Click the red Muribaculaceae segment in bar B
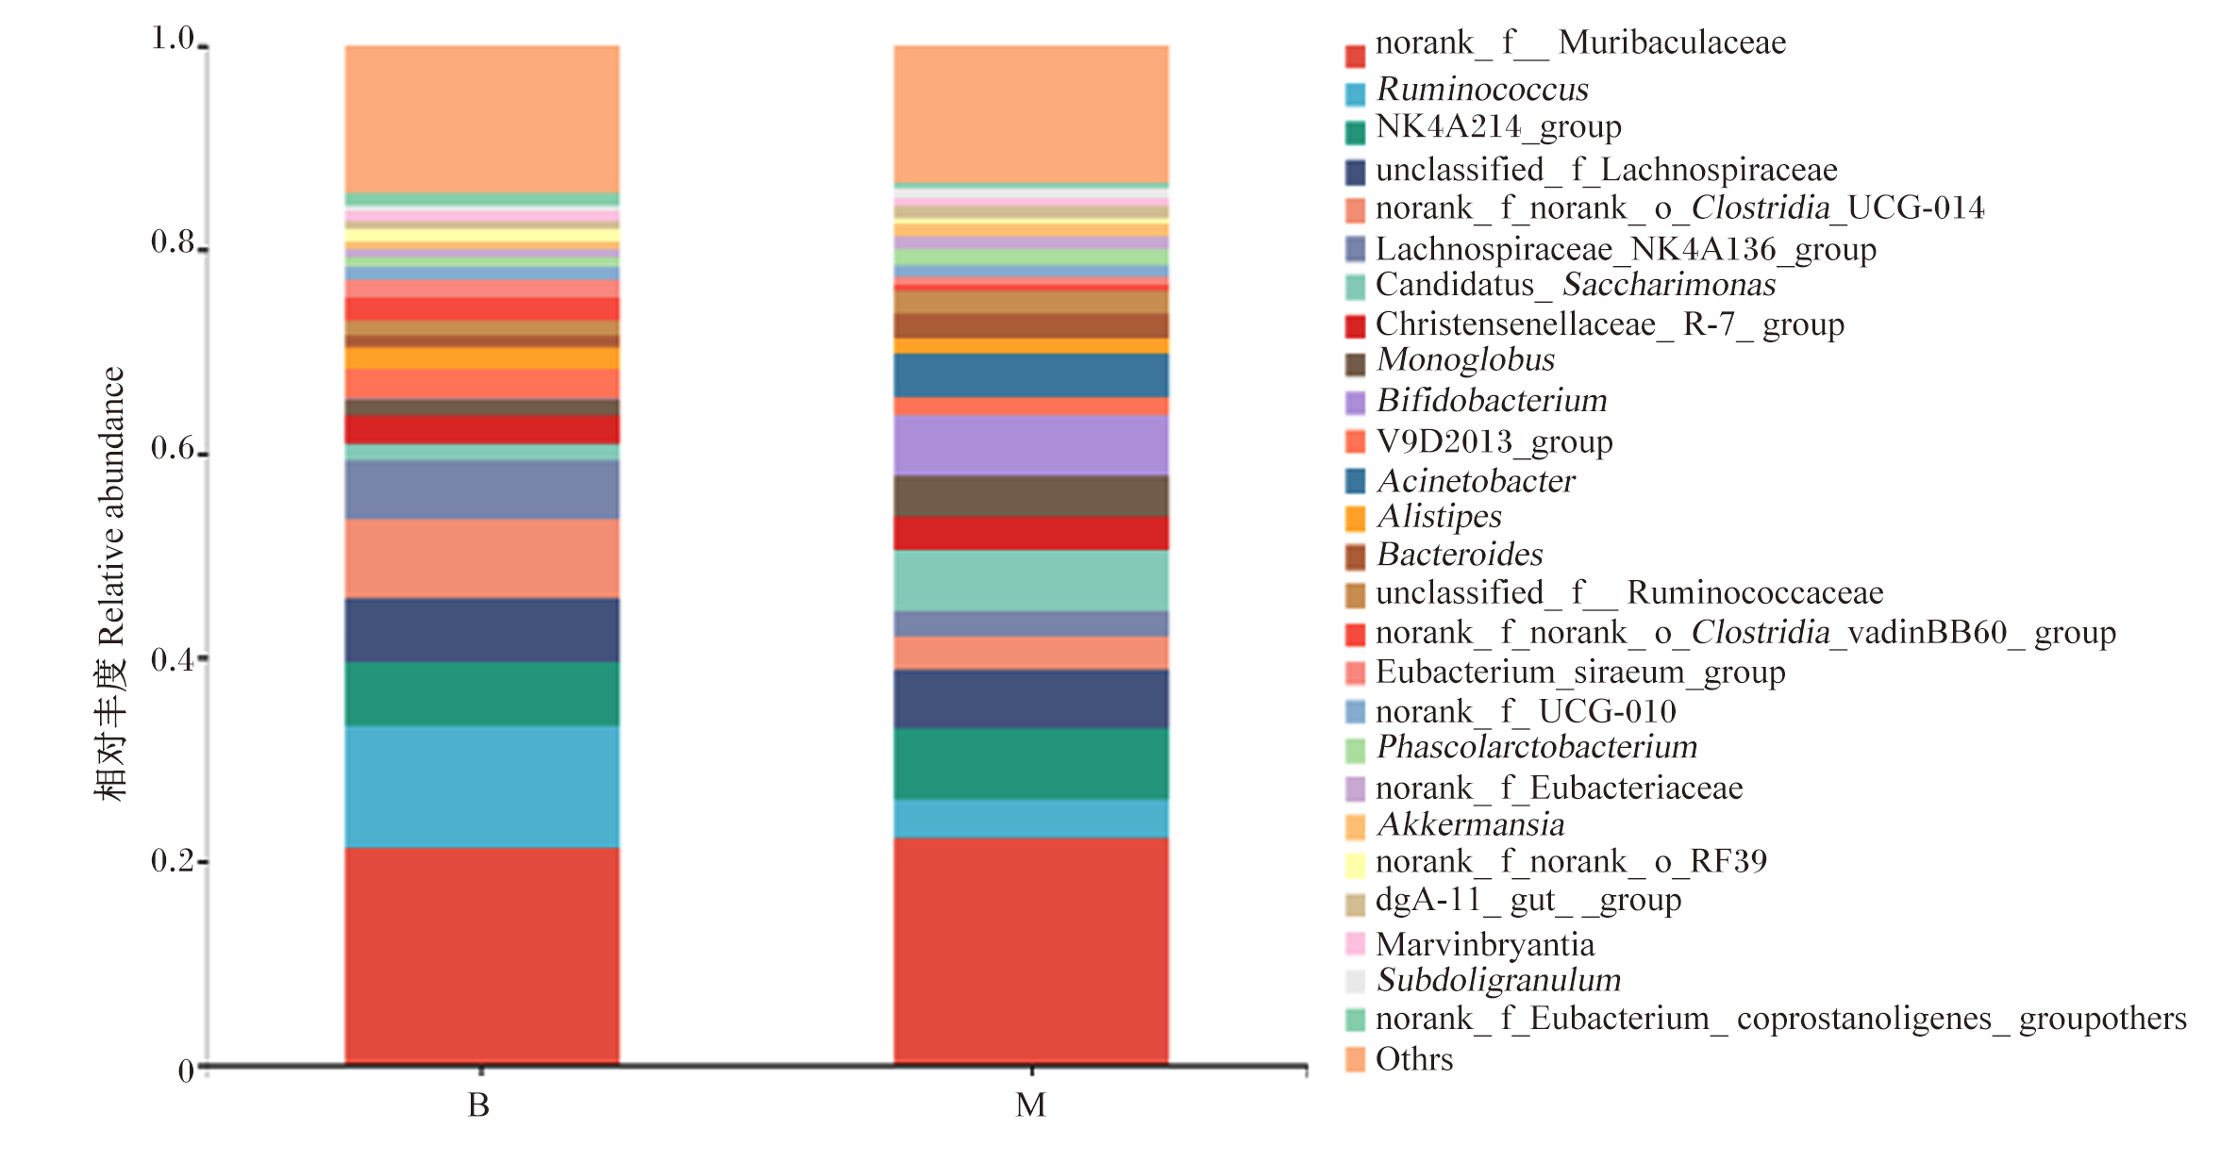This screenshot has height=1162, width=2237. pos(482,955)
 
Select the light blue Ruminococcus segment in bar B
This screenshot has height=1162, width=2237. pos(482,787)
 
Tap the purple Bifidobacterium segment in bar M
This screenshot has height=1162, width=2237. pos(1031,445)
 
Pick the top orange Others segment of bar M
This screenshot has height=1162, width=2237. pos(1031,113)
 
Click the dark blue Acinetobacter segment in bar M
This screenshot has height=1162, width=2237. pos(1031,375)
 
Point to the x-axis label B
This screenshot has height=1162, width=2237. pos(479,1105)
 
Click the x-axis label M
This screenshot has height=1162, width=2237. pos(1030,1105)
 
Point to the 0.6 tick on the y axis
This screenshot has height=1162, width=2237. pos(204,454)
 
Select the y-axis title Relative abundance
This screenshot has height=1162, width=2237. pos(111,506)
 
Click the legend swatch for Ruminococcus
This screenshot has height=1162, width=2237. pos(1355,93)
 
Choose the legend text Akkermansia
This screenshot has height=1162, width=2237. pos(1470,824)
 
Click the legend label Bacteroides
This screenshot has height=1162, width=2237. pos(1460,555)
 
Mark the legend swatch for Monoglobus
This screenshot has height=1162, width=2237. pos(1355,364)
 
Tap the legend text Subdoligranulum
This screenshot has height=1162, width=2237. pos(1498,980)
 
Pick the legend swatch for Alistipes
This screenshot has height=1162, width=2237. pos(1355,519)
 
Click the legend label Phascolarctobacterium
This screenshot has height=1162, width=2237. pos(1537,747)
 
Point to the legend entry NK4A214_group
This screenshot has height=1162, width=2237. pos(1498,126)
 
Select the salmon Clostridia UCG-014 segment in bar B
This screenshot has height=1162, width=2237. pos(482,558)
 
